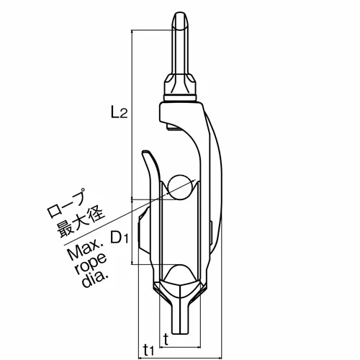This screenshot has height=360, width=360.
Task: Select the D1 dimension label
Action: pyautogui.click(x=119, y=235)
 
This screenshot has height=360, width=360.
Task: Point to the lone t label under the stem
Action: pyautogui.click(x=166, y=337)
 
